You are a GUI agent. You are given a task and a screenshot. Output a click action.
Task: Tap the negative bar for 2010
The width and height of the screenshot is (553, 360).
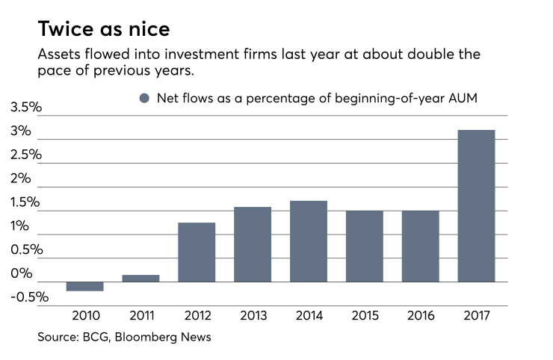pos(85,287)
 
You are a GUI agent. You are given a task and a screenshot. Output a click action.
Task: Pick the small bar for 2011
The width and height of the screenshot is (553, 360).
pos(140,279)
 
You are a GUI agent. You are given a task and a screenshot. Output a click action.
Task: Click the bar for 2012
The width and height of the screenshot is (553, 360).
pos(197,252)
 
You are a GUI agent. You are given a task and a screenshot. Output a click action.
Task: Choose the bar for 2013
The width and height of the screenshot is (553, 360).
pos(253,244)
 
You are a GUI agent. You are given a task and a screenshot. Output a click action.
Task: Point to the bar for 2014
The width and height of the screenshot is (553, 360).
pos(309,241)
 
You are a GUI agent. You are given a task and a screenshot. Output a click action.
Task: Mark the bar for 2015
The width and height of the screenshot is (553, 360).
pos(364,246)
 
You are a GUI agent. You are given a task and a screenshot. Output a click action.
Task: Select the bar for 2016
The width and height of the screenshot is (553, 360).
pos(420,246)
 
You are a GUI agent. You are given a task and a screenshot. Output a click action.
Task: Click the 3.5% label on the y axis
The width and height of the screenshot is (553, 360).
pos(25,108)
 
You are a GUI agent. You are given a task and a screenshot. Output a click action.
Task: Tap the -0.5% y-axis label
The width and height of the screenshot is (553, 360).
pos(28,297)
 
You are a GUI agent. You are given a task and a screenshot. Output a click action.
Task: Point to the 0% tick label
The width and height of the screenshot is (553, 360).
pos(22,273)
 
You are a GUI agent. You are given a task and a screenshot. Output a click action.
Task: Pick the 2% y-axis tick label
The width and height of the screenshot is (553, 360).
pos(22,179)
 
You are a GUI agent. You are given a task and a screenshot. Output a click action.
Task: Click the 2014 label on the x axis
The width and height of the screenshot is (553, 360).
pos(309,315)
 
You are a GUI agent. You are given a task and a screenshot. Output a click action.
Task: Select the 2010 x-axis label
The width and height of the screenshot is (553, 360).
pos(85,315)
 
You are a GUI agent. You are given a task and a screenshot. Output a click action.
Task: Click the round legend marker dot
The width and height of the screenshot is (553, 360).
pos(144,99)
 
